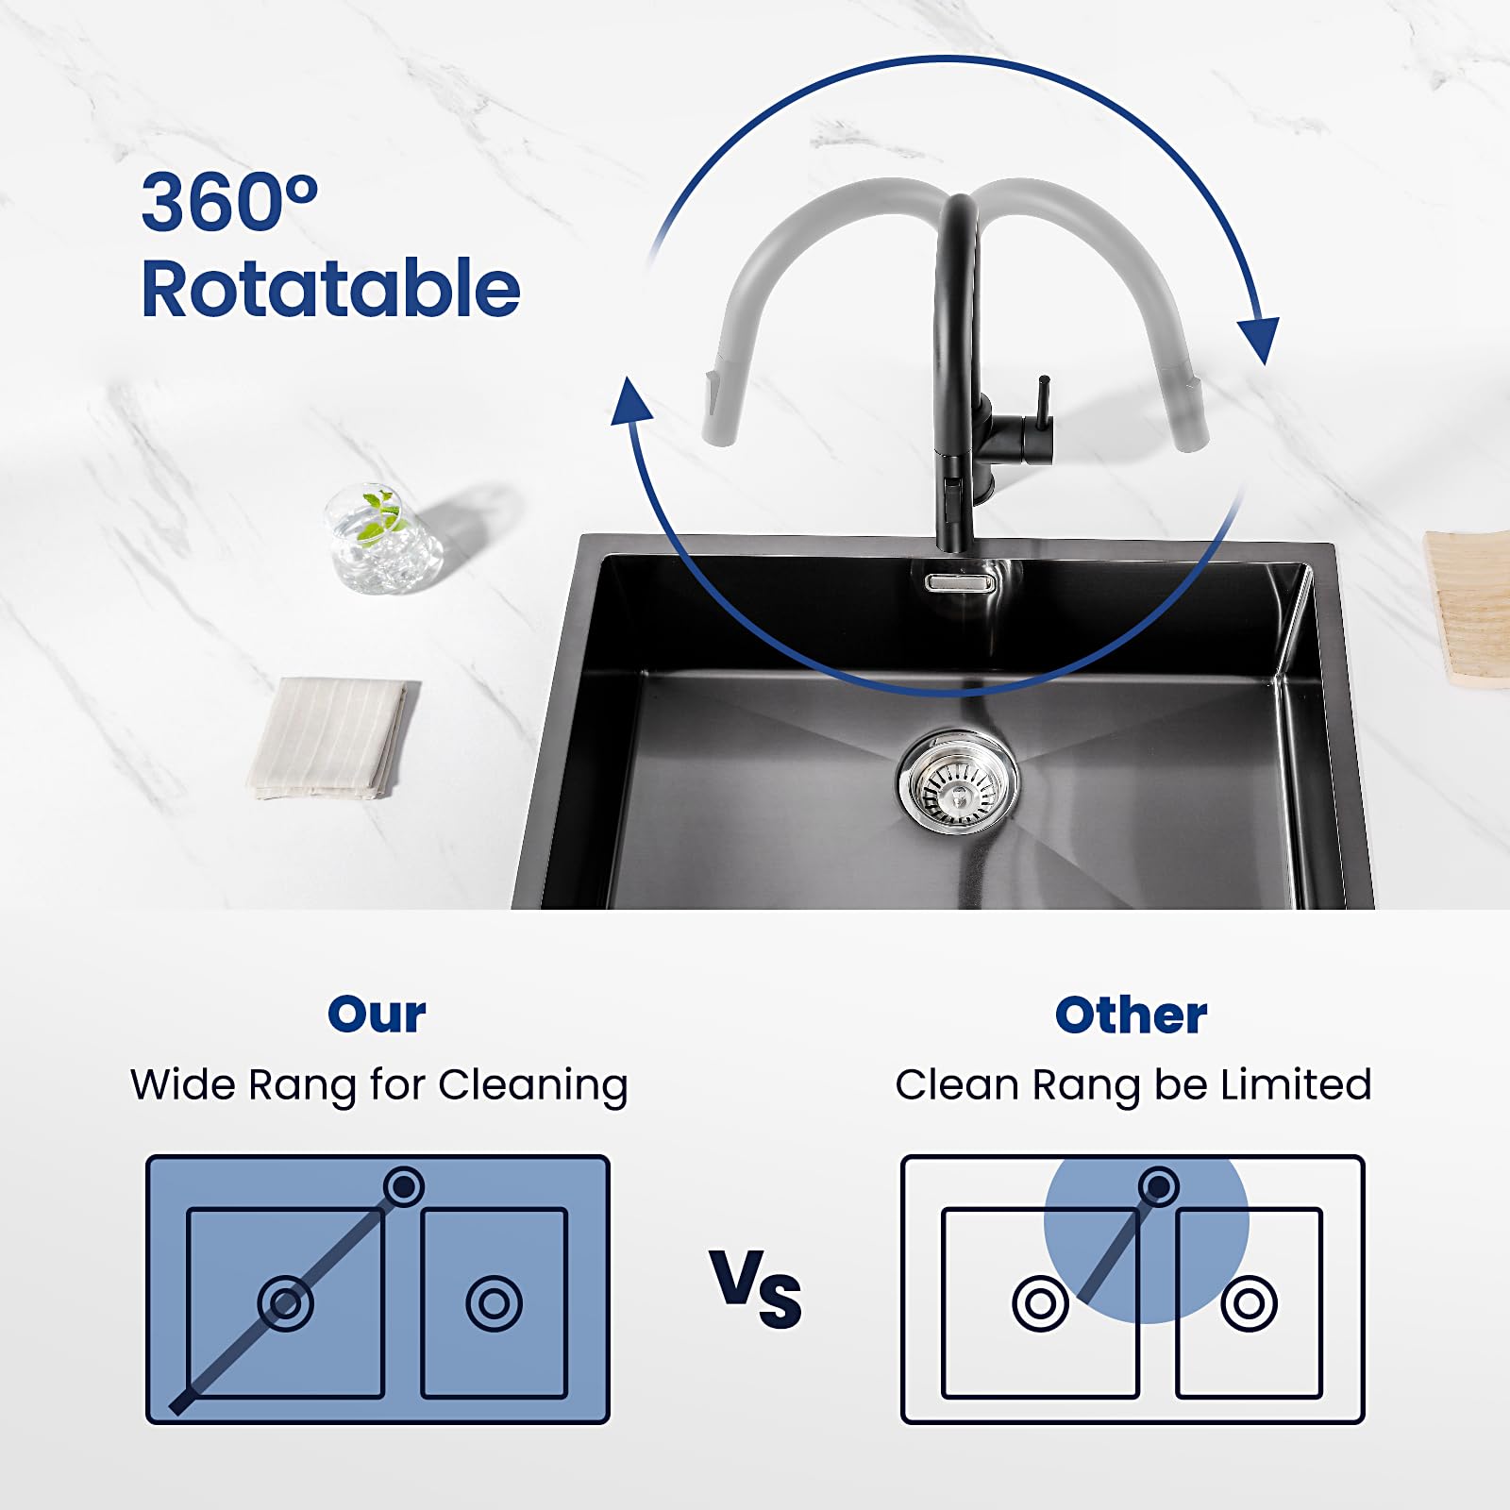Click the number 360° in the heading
click(x=229, y=202)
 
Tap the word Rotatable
click(x=330, y=288)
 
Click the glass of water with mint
click(x=382, y=539)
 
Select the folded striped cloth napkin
click(x=333, y=738)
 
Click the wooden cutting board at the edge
click(x=1468, y=609)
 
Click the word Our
click(x=377, y=1015)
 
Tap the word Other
click(x=1131, y=1015)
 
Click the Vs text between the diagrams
click(x=756, y=1288)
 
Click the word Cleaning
click(x=533, y=1086)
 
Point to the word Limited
click(x=1296, y=1084)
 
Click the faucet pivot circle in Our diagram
click(x=404, y=1185)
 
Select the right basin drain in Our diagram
click(x=494, y=1303)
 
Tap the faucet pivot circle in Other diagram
click(x=1159, y=1185)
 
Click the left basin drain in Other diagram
click(x=1040, y=1303)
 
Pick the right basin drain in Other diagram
click(x=1249, y=1303)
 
